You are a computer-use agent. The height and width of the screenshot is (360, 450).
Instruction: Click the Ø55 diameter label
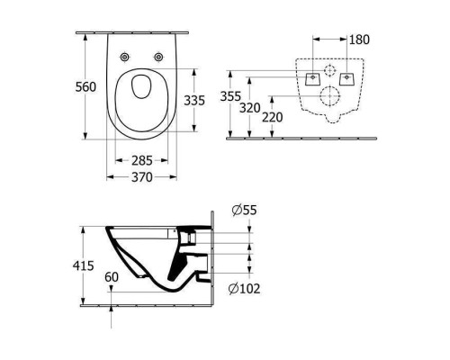pos(243,210)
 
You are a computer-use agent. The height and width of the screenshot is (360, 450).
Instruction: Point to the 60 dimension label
pos(112,278)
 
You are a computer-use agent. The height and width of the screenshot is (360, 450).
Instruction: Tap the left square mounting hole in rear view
pos(312,78)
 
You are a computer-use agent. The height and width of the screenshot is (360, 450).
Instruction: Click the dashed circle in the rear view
pos(328,69)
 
